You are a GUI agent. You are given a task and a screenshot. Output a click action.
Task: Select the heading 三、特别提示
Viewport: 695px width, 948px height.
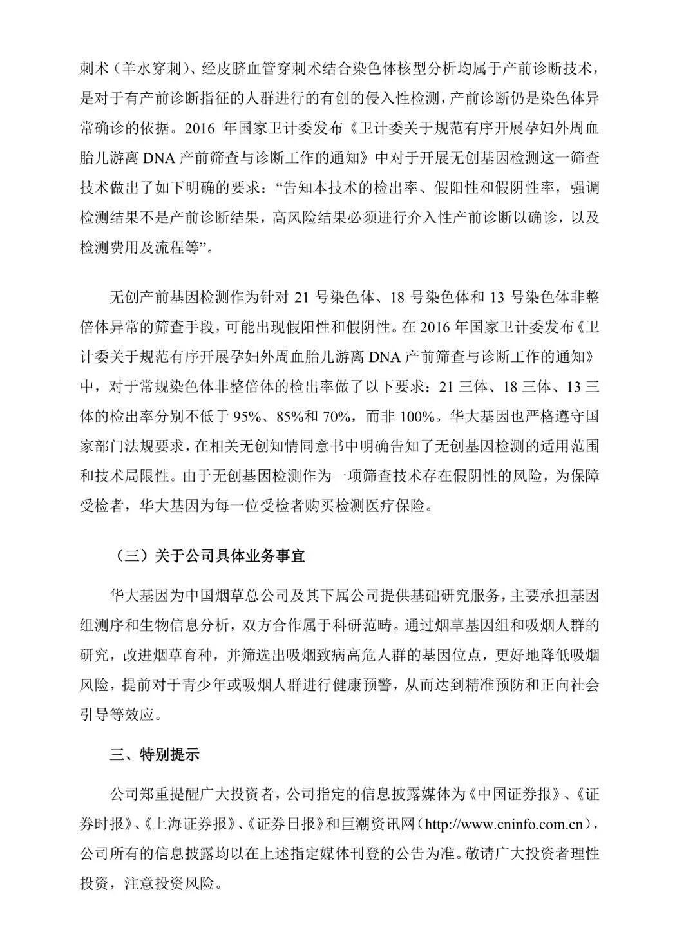click(x=155, y=754)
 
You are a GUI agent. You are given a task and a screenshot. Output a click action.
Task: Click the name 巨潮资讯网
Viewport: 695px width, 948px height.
click(x=379, y=823)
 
